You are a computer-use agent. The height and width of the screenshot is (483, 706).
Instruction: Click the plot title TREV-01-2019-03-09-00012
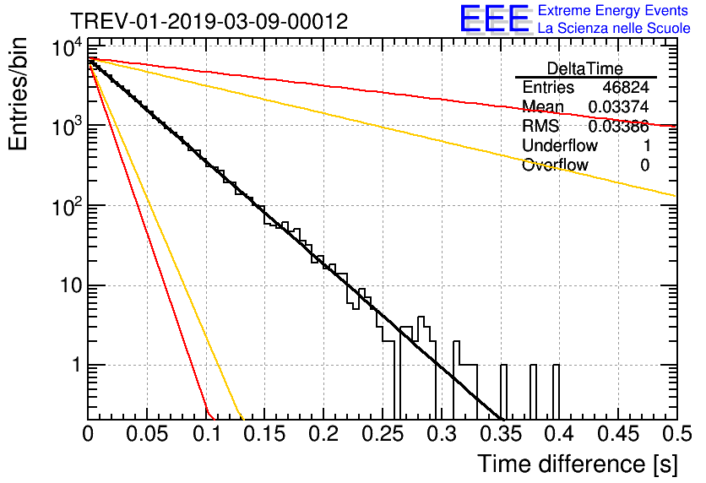point(208,21)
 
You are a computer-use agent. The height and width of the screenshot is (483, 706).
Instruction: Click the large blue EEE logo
point(494,19)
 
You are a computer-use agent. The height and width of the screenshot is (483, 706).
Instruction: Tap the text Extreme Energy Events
point(614,11)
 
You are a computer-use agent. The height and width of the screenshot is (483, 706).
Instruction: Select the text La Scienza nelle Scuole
point(614,29)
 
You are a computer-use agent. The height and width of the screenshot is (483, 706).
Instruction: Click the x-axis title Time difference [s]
point(576,464)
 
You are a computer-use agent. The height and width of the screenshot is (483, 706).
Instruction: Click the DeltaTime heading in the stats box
point(585,68)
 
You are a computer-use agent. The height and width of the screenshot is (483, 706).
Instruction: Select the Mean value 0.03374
point(618,107)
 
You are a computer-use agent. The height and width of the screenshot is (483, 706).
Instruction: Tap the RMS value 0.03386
point(618,127)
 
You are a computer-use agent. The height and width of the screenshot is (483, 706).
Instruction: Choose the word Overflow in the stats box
point(555,166)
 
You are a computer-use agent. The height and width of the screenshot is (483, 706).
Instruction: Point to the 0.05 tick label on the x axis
point(147,434)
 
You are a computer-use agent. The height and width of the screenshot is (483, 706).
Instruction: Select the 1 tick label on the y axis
point(73,366)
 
